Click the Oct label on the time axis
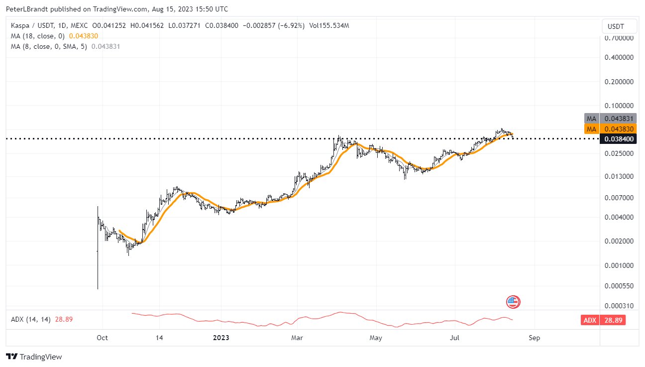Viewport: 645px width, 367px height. (x=102, y=338)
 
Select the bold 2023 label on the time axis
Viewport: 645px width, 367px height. (x=221, y=338)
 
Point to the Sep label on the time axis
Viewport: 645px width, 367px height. (x=534, y=338)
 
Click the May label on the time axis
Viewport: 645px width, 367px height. (x=376, y=338)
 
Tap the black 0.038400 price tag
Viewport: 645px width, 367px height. (x=618, y=139)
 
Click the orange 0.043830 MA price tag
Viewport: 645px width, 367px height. (x=618, y=129)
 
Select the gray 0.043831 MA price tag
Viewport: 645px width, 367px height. (x=618, y=119)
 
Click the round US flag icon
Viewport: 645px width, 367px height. (x=513, y=301)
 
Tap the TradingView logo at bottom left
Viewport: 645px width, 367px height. (x=34, y=357)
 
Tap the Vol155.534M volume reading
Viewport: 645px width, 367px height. (x=329, y=25)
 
